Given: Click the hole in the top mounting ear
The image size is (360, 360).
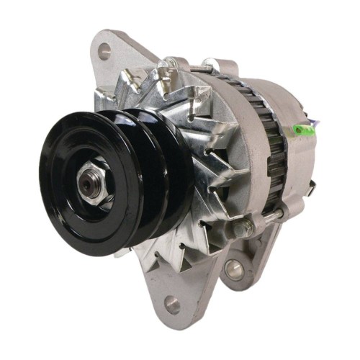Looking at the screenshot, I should click(x=104, y=51).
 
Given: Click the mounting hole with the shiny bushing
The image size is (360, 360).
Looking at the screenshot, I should click(x=235, y=269).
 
